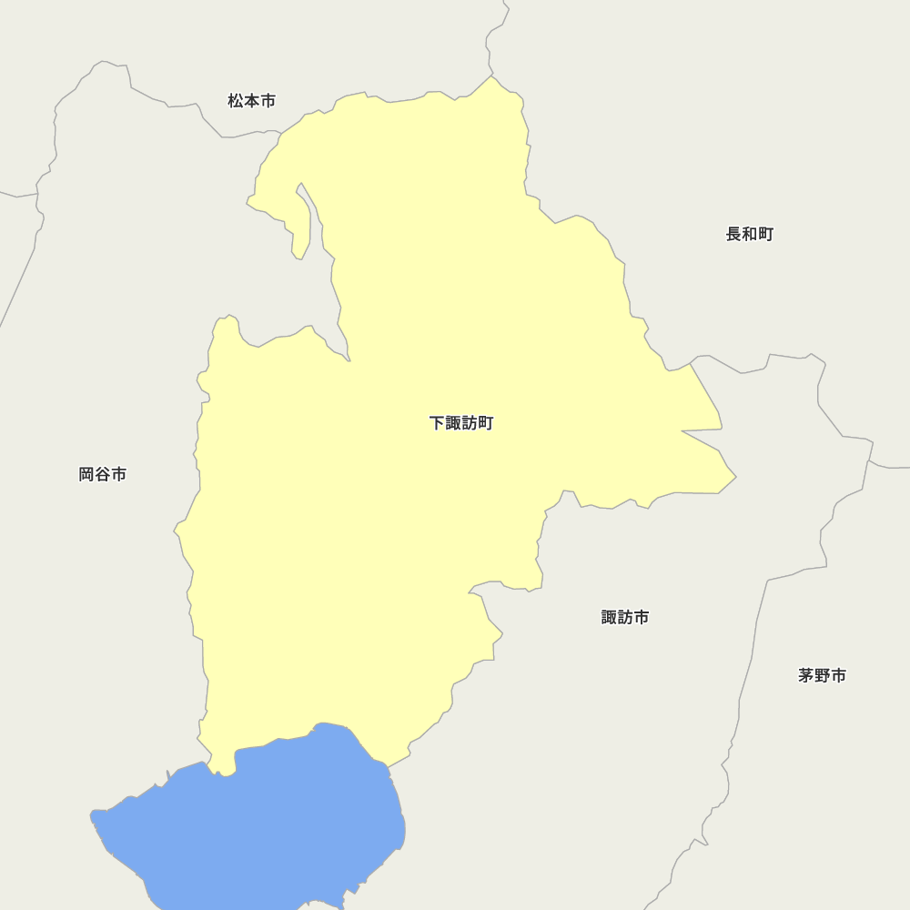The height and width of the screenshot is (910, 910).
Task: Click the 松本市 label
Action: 251,101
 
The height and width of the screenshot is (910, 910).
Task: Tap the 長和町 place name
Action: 749,235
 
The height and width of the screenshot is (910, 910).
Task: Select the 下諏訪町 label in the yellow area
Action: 461,423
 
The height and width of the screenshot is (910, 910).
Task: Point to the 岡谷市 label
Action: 102,474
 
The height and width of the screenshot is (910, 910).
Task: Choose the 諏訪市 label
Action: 625,617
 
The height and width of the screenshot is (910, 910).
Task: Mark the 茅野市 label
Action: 822,675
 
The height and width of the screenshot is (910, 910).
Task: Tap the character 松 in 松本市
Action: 236,101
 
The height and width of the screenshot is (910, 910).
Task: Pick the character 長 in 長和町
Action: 733,235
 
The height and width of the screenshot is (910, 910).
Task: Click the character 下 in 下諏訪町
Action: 437,423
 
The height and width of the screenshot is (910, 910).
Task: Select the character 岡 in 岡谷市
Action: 86,474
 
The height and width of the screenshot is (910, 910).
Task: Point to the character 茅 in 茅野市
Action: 806,675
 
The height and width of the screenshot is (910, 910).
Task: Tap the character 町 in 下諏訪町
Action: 485,423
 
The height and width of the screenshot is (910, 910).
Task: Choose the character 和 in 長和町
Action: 749,235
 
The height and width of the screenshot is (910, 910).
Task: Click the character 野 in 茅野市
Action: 822,675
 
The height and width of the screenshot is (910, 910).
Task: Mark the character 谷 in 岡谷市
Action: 102,474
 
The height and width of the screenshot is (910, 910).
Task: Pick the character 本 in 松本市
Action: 251,101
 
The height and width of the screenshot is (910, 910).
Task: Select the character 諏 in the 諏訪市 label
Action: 610,617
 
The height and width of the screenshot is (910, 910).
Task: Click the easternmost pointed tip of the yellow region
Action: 735,476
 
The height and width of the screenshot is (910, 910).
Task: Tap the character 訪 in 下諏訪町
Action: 469,423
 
